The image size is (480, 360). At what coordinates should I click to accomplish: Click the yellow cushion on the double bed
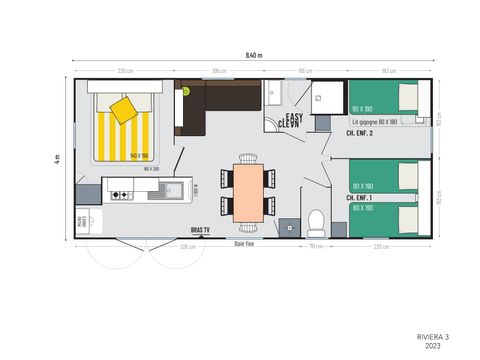(123, 109)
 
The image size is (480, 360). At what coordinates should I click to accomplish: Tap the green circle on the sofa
(185, 91)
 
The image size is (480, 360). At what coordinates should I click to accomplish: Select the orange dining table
(247, 191)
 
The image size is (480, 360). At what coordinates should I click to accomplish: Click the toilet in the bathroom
(315, 218)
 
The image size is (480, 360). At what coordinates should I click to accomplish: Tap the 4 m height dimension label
(58, 158)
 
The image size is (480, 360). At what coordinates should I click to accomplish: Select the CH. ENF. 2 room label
(361, 133)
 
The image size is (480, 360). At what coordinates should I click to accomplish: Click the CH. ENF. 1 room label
(359, 198)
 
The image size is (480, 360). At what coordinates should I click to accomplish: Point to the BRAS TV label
(201, 230)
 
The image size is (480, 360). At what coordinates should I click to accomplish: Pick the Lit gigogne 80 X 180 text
(376, 121)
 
